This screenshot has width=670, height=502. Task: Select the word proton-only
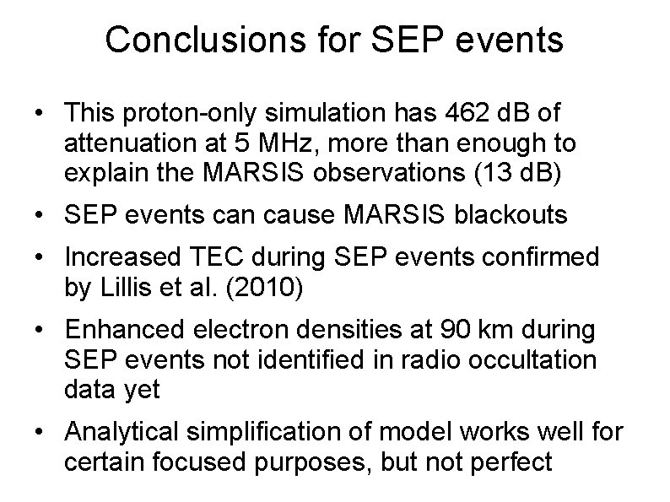pos(193,113)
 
